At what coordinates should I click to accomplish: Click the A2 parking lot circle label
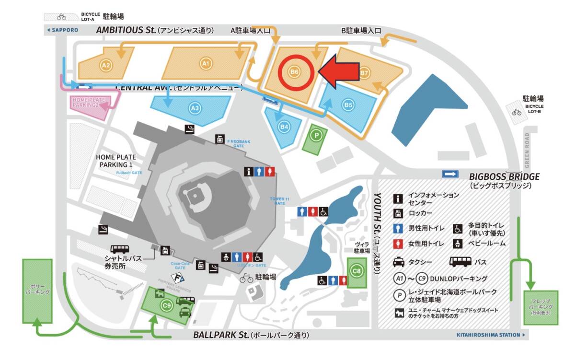pyautogui.click(x=106, y=66)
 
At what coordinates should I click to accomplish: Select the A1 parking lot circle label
pyautogui.click(x=206, y=63)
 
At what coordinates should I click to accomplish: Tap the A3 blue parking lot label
pyautogui.click(x=195, y=109)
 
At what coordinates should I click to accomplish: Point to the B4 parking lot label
pyautogui.click(x=285, y=127)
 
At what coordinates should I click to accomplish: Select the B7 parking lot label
pyautogui.click(x=365, y=73)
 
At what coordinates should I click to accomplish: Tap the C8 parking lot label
pyautogui.click(x=356, y=271)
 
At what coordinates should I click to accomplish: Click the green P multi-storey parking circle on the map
pyautogui.click(x=315, y=136)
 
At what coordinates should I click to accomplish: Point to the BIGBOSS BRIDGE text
pyautogui.click(x=504, y=176)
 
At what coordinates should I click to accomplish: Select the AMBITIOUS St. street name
pyautogui.click(x=126, y=30)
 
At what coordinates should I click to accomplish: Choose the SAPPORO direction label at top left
pyautogui.click(x=62, y=30)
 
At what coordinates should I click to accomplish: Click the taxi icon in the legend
pyautogui.click(x=399, y=262)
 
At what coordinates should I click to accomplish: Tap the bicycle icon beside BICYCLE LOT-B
pyautogui.click(x=516, y=112)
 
